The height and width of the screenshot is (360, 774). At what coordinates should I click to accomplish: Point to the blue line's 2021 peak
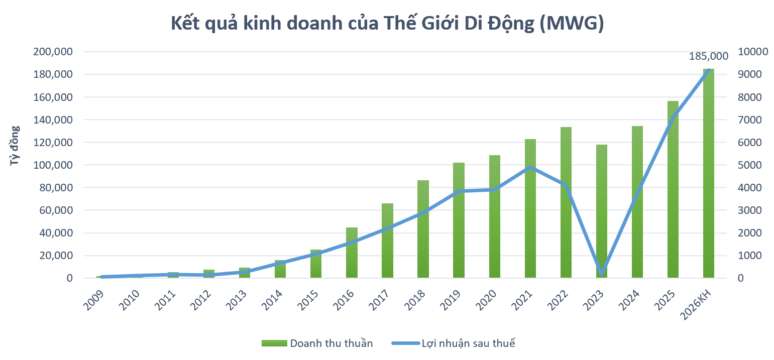pyautogui.click(x=530, y=167)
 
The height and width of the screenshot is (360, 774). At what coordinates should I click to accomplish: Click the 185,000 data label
pyautogui.click(x=708, y=57)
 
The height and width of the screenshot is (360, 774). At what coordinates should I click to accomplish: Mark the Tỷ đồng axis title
pyautogui.click(x=15, y=146)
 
